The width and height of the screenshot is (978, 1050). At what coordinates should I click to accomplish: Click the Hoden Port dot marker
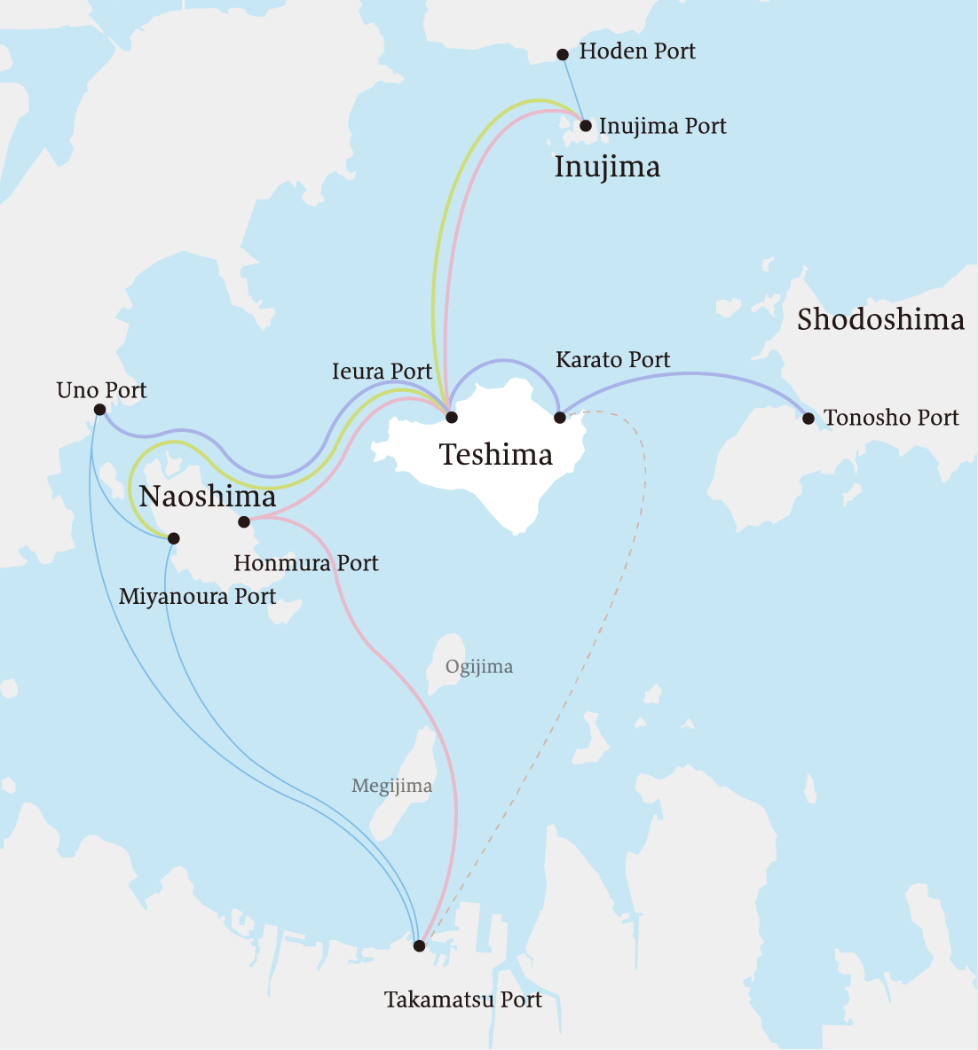pos(563,54)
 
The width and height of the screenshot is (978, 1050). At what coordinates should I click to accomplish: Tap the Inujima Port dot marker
pos(586,126)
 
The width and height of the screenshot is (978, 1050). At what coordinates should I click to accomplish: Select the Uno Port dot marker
pos(99,410)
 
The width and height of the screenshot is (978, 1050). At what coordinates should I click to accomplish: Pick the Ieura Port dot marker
pos(451,417)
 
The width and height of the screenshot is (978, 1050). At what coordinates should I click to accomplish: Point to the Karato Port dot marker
pos(560,417)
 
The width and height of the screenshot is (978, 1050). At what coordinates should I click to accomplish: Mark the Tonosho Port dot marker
pos(808,418)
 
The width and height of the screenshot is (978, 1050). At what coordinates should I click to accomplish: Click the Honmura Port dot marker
pos(244,521)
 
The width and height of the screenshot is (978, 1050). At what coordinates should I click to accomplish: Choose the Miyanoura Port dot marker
pos(174,538)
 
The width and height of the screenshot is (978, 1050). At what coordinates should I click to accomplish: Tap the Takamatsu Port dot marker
pos(420,946)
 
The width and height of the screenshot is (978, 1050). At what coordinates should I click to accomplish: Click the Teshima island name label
pos(496,455)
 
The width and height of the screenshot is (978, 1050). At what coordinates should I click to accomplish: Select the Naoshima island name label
pos(208,497)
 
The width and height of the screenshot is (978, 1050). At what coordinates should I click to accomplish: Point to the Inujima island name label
pos(607,167)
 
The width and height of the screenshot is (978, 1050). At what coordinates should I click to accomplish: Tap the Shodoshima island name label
pos(879,319)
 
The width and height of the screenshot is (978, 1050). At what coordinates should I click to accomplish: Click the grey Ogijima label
pos(479,666)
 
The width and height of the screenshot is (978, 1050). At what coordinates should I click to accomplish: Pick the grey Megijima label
pos(391,786)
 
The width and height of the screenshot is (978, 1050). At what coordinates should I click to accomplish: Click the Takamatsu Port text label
pos(462,1000)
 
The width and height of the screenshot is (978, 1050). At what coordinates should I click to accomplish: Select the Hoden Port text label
pos(636,51)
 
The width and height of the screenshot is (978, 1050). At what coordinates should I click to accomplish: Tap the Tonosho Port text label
pos(890,418)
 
